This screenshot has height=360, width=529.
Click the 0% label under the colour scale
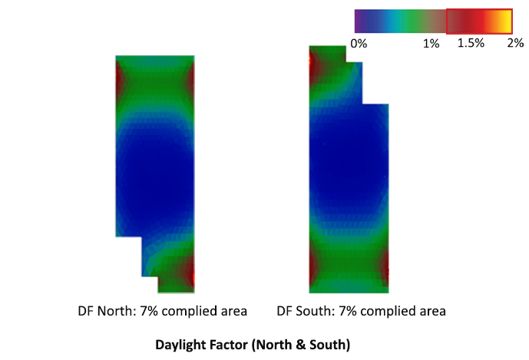tap(359, 44)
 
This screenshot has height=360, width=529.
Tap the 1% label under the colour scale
tap(431, 44)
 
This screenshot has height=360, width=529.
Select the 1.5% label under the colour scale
tap(471, 44)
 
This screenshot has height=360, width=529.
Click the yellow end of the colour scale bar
tap(506, 20)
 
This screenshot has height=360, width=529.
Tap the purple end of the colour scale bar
tap(359, 20)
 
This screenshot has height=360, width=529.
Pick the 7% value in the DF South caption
tap(344, 312)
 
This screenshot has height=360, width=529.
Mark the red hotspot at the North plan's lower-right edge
tap(192, 272)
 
